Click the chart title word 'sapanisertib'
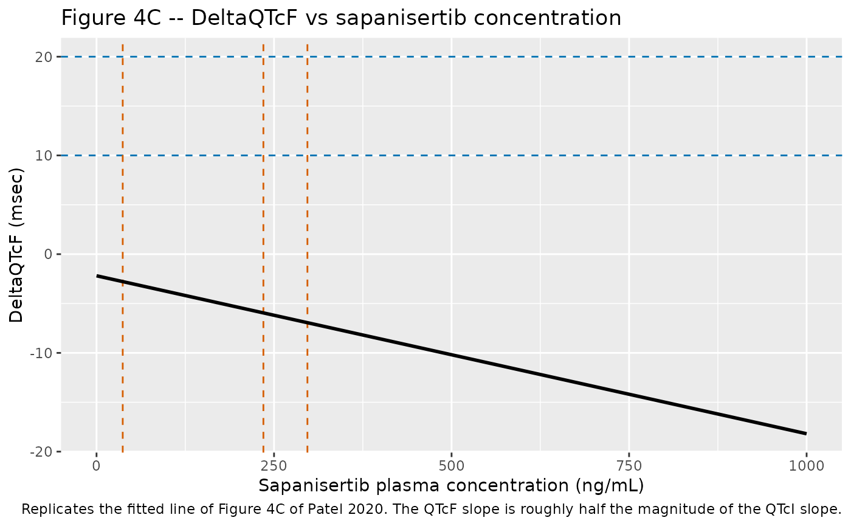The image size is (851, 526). (401, 18)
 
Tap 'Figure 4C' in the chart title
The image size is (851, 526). (111, 18)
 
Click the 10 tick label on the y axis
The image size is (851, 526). (44, 156)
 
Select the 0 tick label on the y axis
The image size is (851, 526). (48, 254)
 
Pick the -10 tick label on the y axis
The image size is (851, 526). (41, 353)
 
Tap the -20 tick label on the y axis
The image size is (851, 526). (41, 451)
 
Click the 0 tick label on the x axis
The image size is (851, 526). (97, 466)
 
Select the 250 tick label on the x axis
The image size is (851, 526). (274, 466)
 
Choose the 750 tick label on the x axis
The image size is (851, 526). (629, 466)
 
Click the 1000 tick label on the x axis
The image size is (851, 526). (807, 466)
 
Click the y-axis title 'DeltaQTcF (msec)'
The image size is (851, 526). (16, 245)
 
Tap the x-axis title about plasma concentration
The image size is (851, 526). (451, 486)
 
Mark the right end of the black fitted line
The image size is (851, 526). (806, 433)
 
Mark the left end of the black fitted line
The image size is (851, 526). (97, 276)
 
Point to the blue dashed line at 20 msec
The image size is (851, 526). (451, 57)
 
